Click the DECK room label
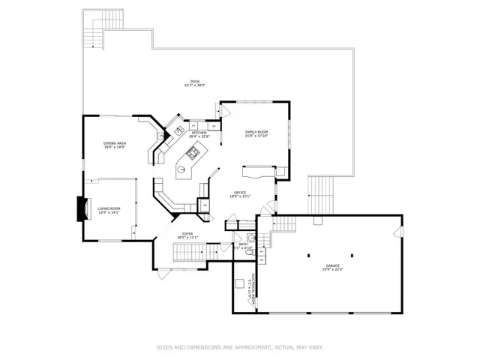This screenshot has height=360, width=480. (194, 83)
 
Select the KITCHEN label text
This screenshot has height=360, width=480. (199, 134)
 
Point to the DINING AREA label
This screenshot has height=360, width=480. (115, 145)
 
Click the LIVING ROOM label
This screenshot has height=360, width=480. (109, 211)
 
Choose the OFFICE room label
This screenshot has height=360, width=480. (240, 194)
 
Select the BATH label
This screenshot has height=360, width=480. (243, 245)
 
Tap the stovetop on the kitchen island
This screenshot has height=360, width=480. (194, 154)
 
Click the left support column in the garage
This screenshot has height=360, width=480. (309, 256)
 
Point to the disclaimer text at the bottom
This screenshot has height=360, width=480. (239, 347)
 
